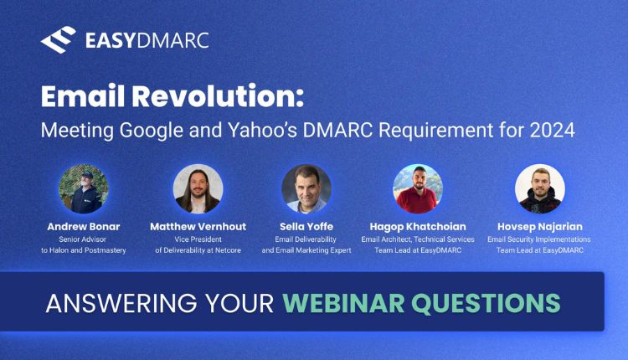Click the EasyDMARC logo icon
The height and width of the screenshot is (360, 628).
click(x=59, y=39)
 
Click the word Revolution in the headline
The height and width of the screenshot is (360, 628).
click(x=218, y=96)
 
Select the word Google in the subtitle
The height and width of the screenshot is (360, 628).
click(x=152, y=131)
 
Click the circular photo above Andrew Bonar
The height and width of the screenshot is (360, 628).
click(x=83, y=188)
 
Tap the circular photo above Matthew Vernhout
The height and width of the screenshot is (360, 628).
click(x=198, y=188)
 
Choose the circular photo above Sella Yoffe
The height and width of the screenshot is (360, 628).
click(x=306, y=188)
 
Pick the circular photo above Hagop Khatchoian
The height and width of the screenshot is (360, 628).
click(x=418, y=188)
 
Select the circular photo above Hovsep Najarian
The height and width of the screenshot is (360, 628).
click(x=539, y=188)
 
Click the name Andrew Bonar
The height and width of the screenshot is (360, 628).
click(x=83, y=227)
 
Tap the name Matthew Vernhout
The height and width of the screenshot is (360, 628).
click(x=198, y=227)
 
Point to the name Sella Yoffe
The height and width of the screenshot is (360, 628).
click(x=306, y=227)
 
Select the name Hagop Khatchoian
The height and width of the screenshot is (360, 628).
click(x=418, y=227)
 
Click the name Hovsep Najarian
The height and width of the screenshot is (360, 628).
click(x=539, y=227)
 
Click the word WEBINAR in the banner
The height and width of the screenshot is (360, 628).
click(x=343, y=303)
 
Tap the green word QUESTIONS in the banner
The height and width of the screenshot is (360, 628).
click(x=486, y=303)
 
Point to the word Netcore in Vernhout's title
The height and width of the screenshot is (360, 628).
click(x=228, y=250)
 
